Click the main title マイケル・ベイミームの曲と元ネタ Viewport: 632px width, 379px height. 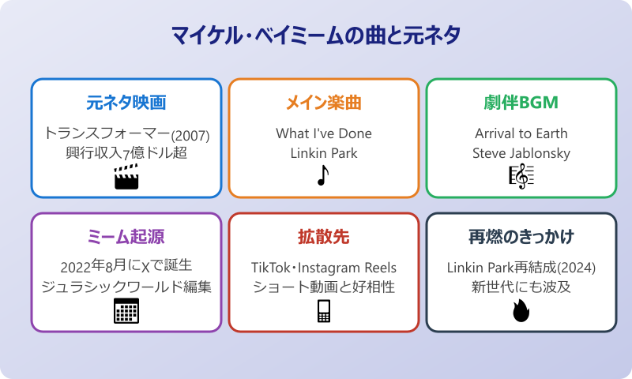coord(316,36)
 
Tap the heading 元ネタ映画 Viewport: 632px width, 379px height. coord(126,103)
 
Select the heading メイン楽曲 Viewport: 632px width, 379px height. coord(324,103)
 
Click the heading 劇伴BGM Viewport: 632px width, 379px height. coord(521,103)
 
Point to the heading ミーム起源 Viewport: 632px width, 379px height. coord(126,238)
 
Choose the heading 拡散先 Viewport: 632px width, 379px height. coord(324,238)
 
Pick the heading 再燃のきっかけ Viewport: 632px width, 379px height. coord(521,238)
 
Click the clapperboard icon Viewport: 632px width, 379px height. coord(126,177)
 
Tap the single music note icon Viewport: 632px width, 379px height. coord(322,176)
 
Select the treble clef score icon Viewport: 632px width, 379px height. coord(521,176)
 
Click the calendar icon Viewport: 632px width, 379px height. coord(126,311)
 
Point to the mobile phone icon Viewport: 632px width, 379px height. coord(324,311)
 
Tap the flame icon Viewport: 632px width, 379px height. coord(521,311)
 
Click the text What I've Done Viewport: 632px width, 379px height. coord(324,133)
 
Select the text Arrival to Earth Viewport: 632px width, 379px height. coord(521,133)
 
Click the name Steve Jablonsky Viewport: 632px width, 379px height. coord(521,152)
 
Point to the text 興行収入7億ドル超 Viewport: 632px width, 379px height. coord(126,152)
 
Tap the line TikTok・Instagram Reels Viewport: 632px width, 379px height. coord(324,267)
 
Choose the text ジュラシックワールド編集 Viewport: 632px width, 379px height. coord(126,287)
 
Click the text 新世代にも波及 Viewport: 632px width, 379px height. coord(521,287)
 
